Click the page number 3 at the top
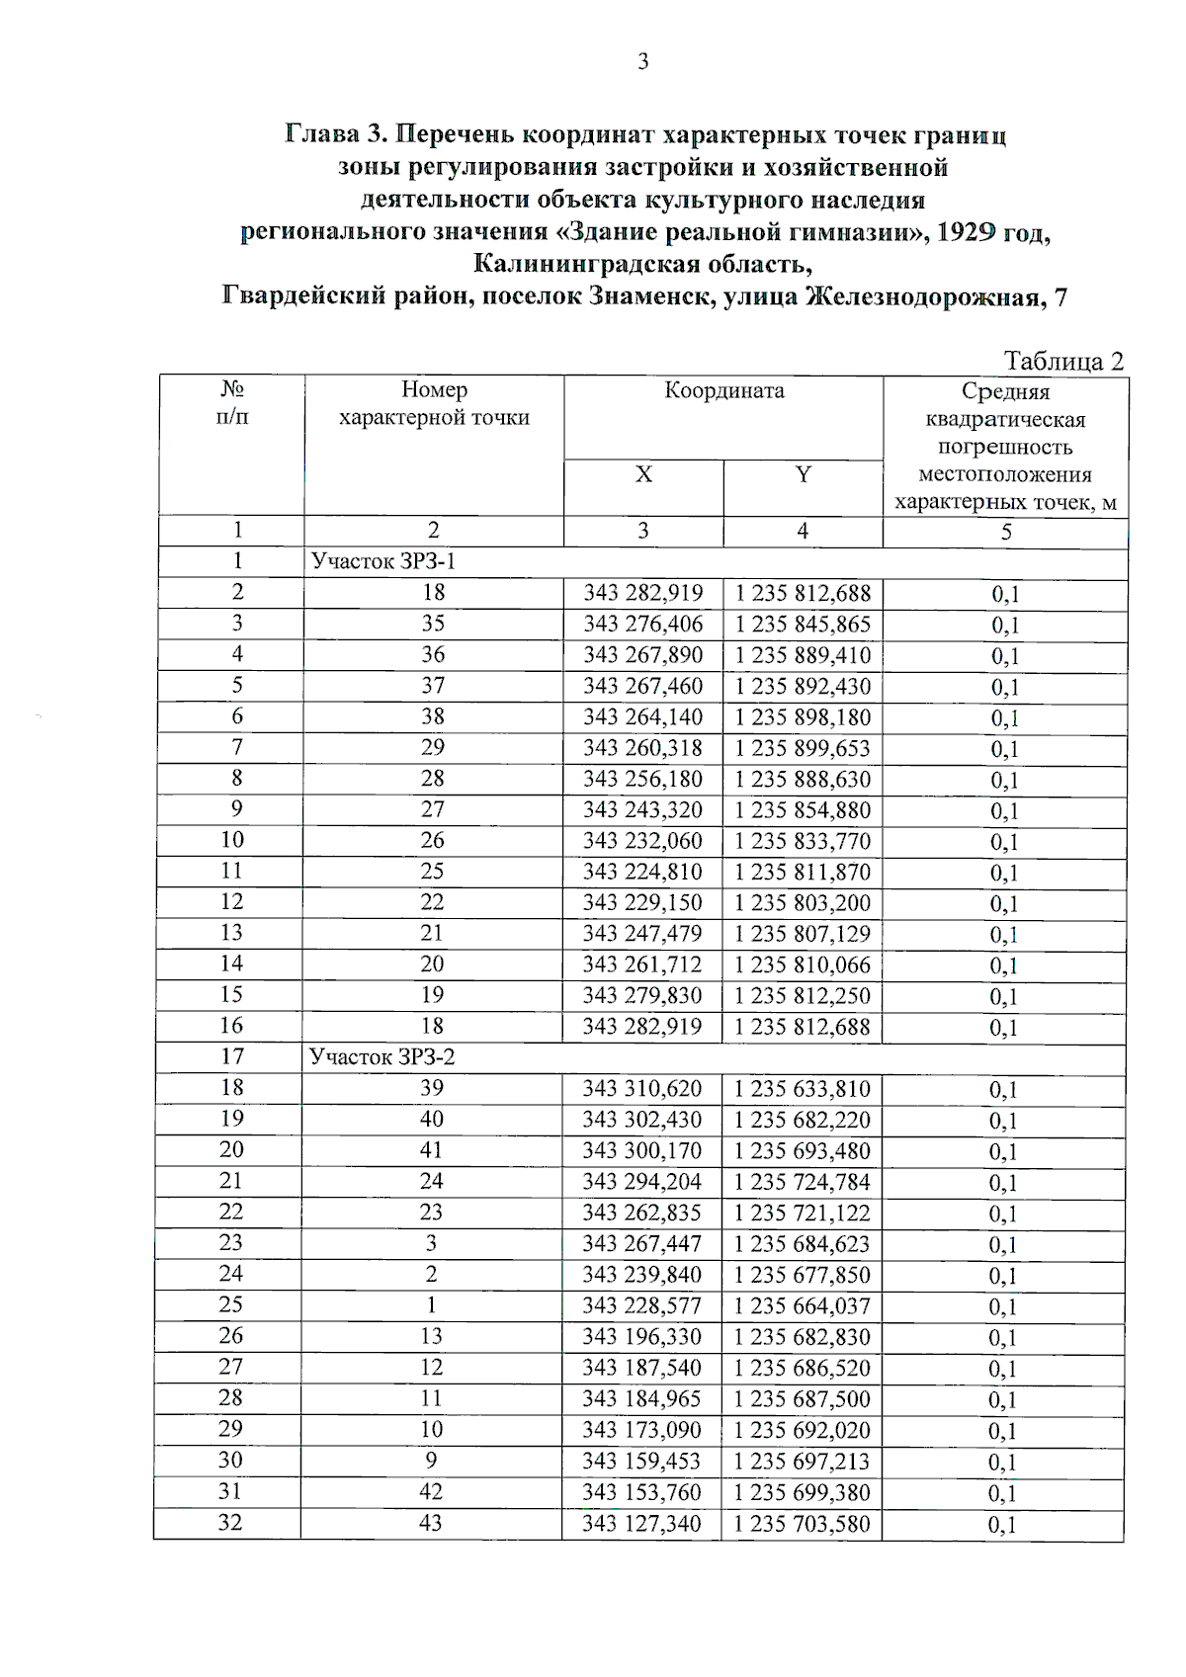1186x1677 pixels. (643, 62)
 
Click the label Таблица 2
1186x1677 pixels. (1063, 361)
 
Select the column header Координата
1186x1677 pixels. (723, 390)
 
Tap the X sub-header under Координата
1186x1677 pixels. (643, 475)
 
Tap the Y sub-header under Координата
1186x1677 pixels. (803, 475)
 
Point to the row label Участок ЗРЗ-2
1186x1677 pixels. (382, 1057)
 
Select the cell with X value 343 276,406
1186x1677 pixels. (642, 625)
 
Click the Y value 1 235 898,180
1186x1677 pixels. (802, 717)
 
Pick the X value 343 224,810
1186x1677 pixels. (642, 872)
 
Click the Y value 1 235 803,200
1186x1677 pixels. (802, 903)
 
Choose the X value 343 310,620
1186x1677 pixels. (641, 1089)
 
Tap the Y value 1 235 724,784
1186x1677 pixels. (802, 1182)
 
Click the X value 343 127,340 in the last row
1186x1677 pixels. (641, 1524)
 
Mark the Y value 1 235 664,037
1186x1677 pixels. (802, 1306)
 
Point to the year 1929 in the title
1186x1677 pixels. (964, 233)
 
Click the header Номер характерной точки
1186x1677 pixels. (434, 403)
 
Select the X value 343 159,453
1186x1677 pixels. (641, 1462)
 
